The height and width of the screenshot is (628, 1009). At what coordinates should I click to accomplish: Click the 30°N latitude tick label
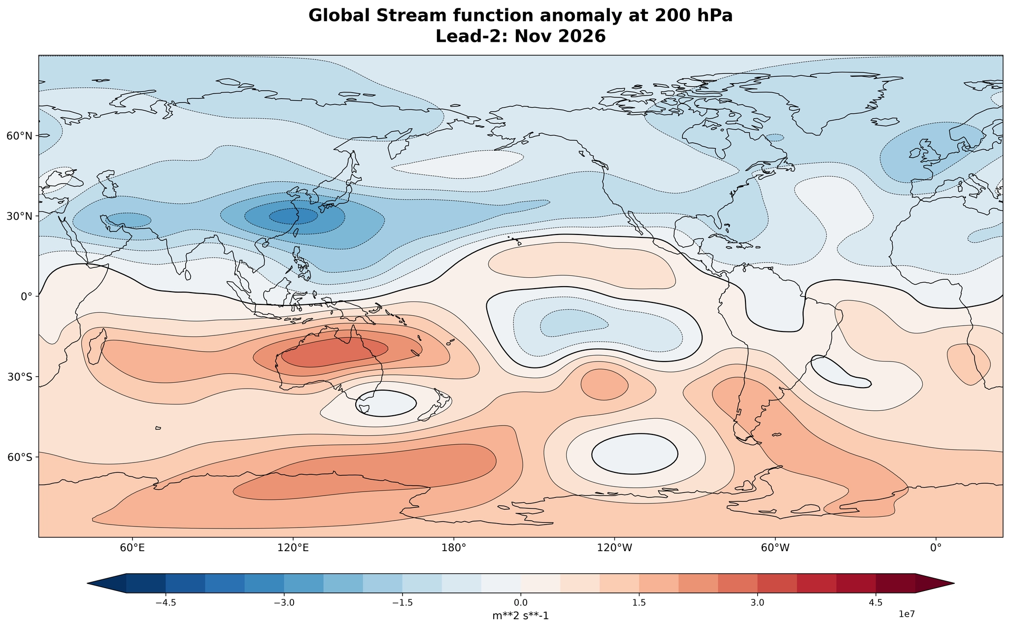click(19, 216)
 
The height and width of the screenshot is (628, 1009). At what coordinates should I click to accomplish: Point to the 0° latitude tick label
click(26, 297)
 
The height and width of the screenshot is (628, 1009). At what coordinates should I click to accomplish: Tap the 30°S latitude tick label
click(20, 377)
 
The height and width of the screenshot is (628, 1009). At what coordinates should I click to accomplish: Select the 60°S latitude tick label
click(20, 457)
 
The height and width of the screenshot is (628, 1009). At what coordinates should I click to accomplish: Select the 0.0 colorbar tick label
click(521, 602)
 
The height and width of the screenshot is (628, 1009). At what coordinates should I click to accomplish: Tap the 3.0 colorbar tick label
click(757, 602)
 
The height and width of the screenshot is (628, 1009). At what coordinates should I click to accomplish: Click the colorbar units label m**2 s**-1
click(520, 616)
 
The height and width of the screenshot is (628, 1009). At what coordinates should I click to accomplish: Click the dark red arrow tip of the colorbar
click(954, 583)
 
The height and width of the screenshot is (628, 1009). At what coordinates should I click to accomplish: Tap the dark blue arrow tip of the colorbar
click(88, 583)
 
